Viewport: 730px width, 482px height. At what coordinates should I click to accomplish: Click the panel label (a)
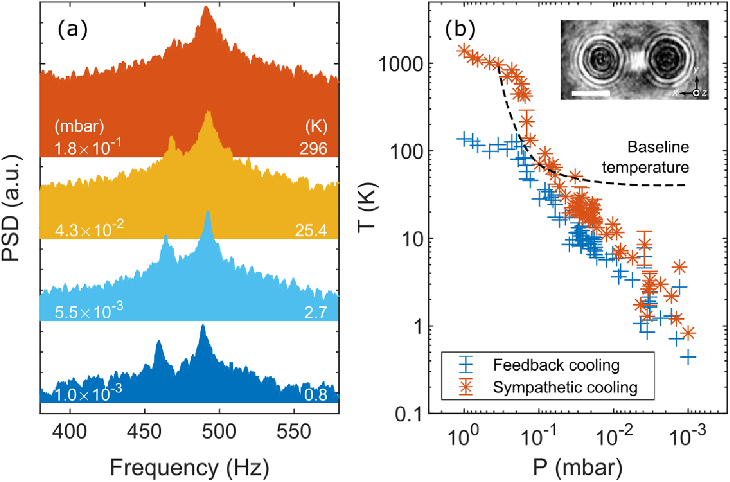(x=73, y=30)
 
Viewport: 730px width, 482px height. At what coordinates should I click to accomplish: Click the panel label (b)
(x=459, y=30)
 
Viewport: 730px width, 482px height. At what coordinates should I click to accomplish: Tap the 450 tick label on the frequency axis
(x=144, y=431)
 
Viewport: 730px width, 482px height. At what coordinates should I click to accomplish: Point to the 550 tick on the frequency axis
(x=294, y=431)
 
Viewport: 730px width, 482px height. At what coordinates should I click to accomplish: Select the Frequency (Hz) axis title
(x=189, y=467)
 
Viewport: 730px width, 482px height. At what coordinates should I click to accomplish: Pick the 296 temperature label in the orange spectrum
(x=313, y=148)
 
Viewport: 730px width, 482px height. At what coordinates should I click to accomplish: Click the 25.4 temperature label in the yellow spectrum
(x=311, y=230)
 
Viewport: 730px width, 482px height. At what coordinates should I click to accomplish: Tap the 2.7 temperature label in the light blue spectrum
(x=316, y=312)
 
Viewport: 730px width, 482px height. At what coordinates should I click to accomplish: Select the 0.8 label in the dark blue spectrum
(x=316, y=395)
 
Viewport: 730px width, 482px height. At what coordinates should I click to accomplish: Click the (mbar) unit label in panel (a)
(x=79, y=126)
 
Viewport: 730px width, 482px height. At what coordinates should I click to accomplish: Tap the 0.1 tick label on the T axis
(x=408, y=413)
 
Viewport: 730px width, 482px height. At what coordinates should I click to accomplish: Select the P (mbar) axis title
(x=577, y=467)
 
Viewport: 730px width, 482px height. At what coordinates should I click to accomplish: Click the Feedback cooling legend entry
(x=556, y=365)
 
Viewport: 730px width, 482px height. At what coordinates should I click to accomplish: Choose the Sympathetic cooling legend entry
(x=565, y=387)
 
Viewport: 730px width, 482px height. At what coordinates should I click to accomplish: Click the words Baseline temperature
(x=646, y=157)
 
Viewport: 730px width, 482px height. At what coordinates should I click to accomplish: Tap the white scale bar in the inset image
(x=591, y=93)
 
